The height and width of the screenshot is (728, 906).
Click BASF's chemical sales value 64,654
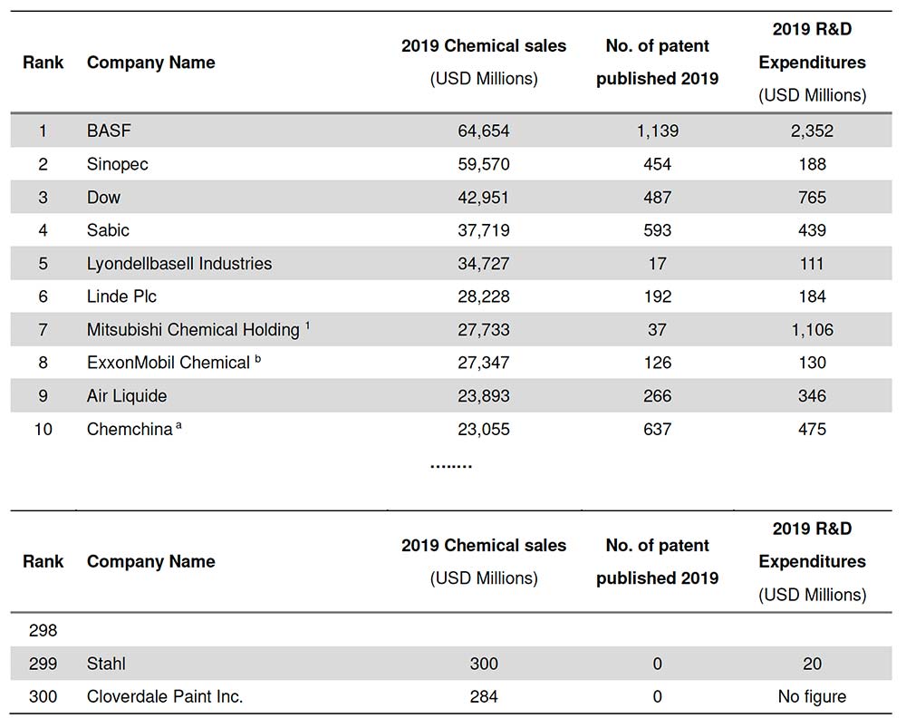coord(484,131)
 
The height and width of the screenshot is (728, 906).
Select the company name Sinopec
coord(117,164)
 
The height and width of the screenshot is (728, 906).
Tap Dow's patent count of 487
coord(657,197)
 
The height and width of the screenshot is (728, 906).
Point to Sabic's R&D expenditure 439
coord(812,230)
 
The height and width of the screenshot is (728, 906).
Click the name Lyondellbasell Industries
coord(179,264)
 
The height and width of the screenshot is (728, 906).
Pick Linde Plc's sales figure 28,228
coord(484,296)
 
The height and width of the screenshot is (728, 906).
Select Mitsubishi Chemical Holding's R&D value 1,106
coord(812,330)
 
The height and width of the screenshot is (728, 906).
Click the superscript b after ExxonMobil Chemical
coord(257,358)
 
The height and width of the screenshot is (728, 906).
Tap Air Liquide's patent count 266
coord(657,395)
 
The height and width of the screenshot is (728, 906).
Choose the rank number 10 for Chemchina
coord(43,429)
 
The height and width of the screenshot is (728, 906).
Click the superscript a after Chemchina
coord(178,425)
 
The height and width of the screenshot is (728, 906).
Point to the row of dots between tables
coord(450,466)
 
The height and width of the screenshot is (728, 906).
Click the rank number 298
coord(43,630)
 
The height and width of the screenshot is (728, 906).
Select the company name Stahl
coord(106,664)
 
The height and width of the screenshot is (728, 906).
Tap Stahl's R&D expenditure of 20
coord(812,664)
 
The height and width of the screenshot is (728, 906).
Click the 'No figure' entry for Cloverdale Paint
coord(812,697)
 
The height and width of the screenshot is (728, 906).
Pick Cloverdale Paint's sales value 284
coord(484,697)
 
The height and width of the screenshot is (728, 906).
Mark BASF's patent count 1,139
coord(657,131)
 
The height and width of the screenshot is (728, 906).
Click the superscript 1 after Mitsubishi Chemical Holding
coord(307,325)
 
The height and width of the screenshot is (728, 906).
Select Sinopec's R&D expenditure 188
coord(812,164)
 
